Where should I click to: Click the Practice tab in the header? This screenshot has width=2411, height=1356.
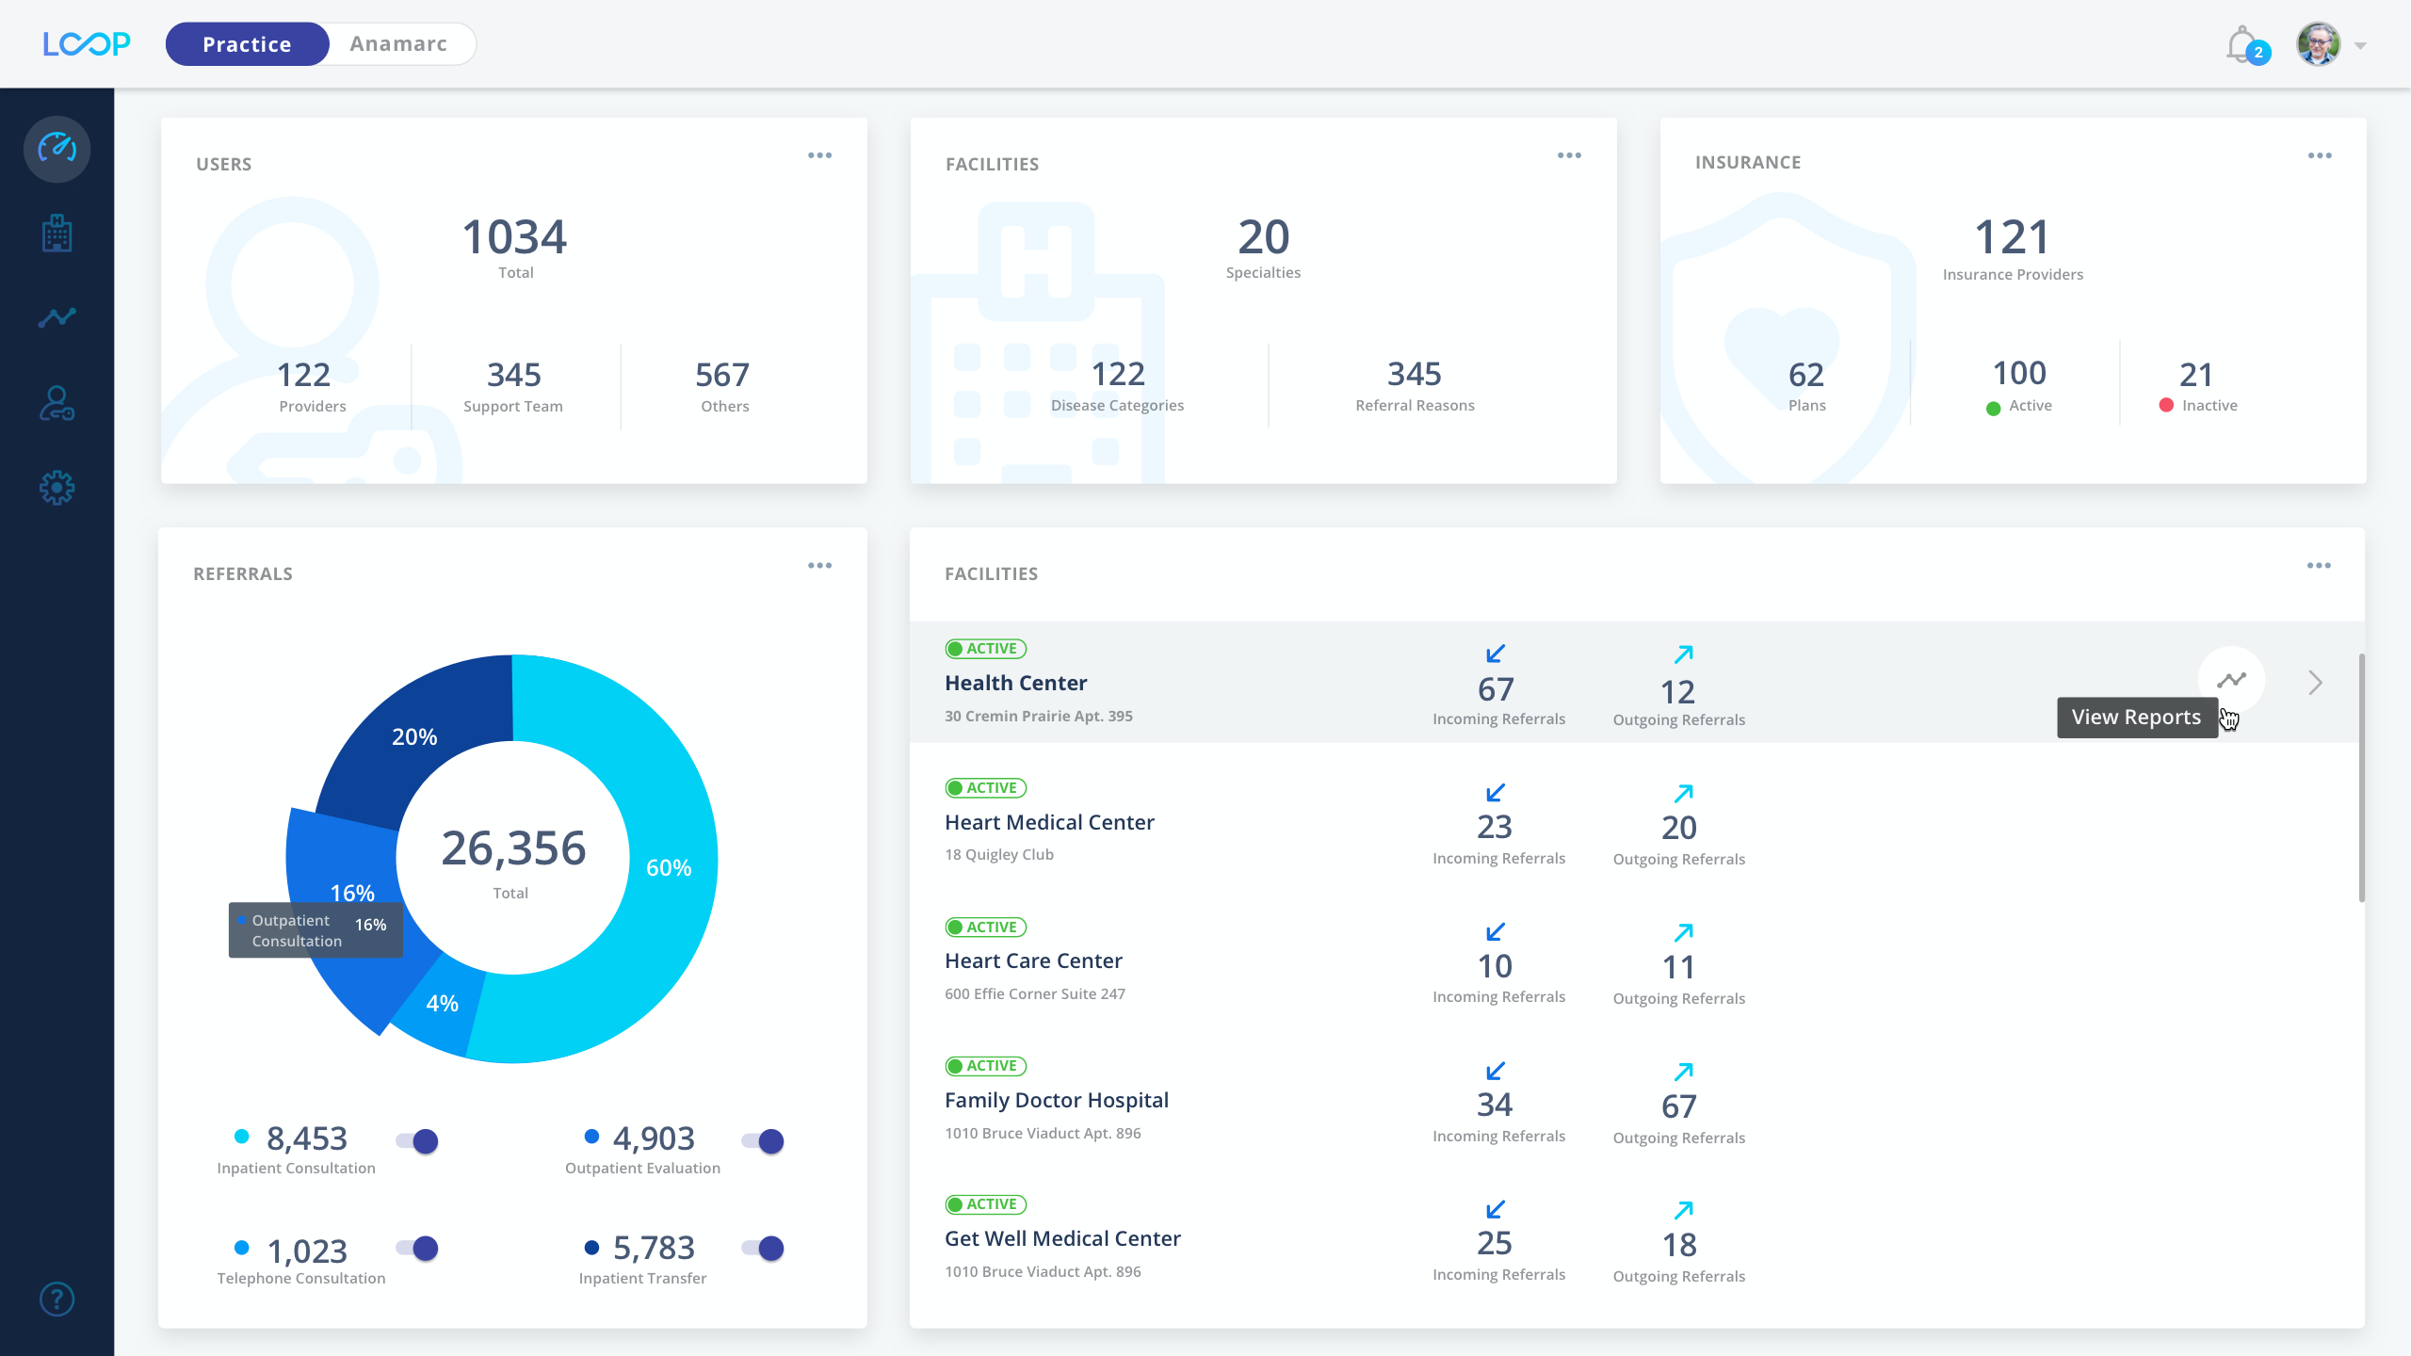click(x=247, y=44)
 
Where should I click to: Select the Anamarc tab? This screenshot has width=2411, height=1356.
click(x=398, y=44)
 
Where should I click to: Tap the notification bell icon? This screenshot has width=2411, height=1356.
click(x=2241, y=44)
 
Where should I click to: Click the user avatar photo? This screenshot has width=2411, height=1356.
click(x=2318, y=44)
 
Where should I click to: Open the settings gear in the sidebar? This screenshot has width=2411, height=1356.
click(x=57, y=488)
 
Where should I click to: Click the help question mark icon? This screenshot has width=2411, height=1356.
click(x=57, y=1299)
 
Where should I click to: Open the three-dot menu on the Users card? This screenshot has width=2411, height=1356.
click(x=819, y=155)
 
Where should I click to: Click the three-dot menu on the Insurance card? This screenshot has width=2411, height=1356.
click(x=2319, y=155)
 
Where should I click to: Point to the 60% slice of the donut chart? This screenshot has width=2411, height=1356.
click(x=670, y=867)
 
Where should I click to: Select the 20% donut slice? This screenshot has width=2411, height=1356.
click(x=414, y=736)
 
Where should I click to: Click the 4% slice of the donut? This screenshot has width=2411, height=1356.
click(x=441, y=1004)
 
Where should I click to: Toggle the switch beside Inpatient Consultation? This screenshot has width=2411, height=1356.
click(x=417, y=1141)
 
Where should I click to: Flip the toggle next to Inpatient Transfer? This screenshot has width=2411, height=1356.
click(x=763, y=1249)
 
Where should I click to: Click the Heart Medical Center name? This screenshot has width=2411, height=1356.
click(x=1049, y=822)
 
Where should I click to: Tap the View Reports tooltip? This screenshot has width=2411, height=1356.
click(x=2136, y=718)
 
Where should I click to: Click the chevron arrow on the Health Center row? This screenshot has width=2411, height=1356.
click(x=2315, y=683)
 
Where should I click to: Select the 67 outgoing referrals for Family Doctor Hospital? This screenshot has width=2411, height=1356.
click(x=1678, y=1106)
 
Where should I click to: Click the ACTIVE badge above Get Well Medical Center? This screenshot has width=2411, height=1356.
click(x=985, y=1204)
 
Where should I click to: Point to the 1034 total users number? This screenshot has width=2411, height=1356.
click(x=514, y=237)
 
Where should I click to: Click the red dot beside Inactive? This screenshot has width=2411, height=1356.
click(x=2166, y=405)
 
